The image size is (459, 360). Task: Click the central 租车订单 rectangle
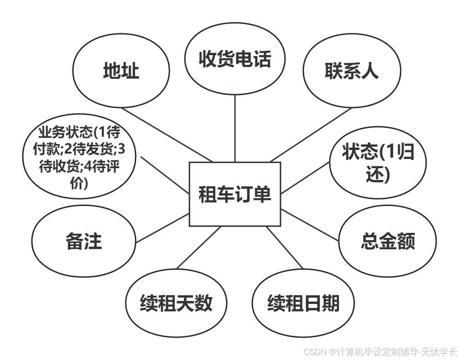(235, 195)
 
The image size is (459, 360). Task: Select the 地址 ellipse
(121, 71)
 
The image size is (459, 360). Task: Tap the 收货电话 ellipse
(235, 59)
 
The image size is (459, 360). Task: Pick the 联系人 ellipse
(352, 71)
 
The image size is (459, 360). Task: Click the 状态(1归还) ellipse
(378, 163)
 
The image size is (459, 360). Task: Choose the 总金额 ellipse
(388, 241)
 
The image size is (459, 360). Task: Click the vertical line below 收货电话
(235, 128)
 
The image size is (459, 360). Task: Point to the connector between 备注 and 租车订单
(163, 228)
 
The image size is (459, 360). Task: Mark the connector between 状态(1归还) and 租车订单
(304, 178)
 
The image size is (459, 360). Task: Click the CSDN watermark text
(380, 352)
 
